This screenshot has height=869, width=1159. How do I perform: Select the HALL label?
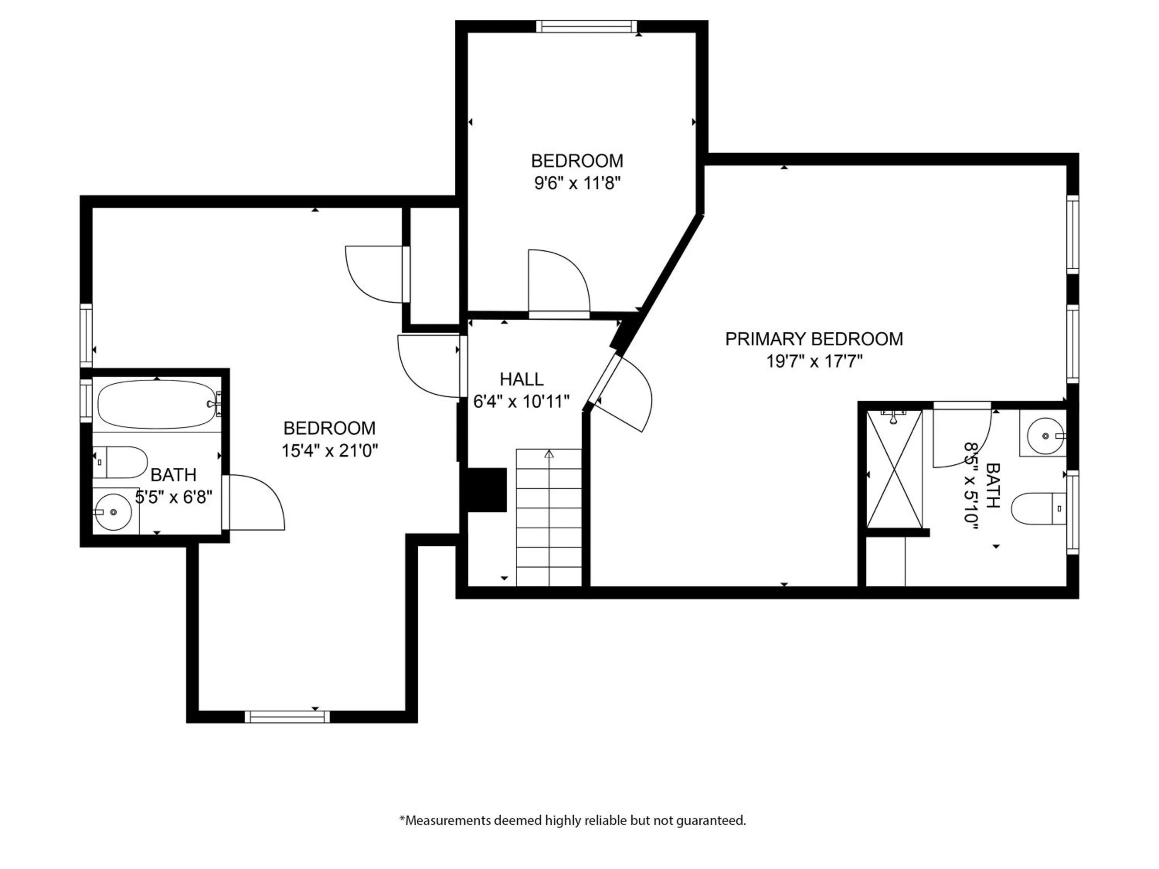521,379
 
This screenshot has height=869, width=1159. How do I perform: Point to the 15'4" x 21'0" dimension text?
330,450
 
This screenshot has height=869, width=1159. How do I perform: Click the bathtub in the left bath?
156,405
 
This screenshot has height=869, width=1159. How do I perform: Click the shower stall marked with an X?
894,469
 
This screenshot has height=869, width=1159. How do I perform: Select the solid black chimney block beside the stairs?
487,490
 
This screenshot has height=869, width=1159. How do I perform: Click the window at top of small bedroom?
587,26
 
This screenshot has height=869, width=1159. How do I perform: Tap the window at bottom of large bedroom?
287,716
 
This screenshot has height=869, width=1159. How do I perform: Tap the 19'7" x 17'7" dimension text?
814,362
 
